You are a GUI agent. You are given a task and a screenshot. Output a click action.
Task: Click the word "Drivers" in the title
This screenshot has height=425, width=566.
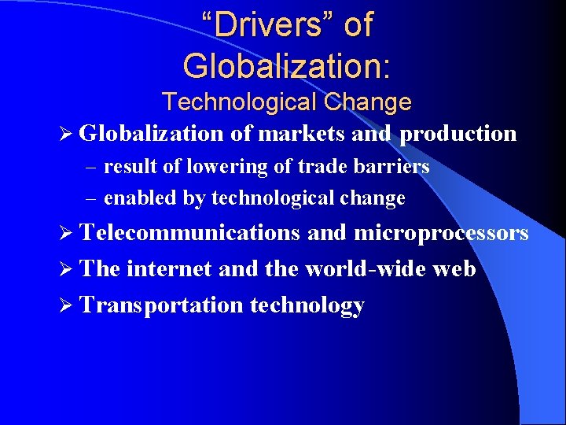[269, 26]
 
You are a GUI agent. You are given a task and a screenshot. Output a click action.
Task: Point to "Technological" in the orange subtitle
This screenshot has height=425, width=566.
[239, 102]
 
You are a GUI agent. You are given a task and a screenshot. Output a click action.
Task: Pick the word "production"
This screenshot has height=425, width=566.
[458, 135]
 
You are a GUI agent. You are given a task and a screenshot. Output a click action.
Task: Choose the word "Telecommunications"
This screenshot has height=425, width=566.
[190, 233]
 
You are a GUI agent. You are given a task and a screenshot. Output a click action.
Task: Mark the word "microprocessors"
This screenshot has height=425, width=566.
[441, 234]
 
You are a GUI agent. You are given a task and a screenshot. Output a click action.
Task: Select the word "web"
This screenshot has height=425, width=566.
[454, 269]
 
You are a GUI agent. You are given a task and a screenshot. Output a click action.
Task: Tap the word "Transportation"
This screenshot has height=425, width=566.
[162, 305]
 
